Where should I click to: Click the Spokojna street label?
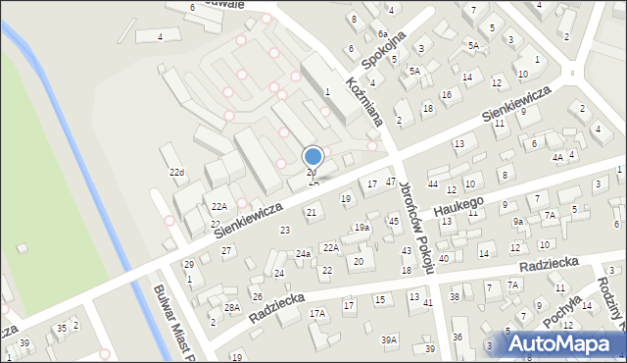(x=383, y=54)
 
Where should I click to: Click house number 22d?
(x=176, y=173)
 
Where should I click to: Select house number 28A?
(x=232, y=307)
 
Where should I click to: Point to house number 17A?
(x=317, y=314)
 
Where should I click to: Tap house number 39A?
(x=390, y=339)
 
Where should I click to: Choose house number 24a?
(x=304, y=254)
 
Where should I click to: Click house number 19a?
(x=362, y=228)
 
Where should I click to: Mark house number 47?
(x=391, y=181)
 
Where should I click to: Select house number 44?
(x=432, y=184)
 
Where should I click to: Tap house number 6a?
(x=382, y=33)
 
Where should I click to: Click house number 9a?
(x=517, y=222)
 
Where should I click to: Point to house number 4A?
(x=556, y=157)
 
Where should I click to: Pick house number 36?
(x=458, y=337)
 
